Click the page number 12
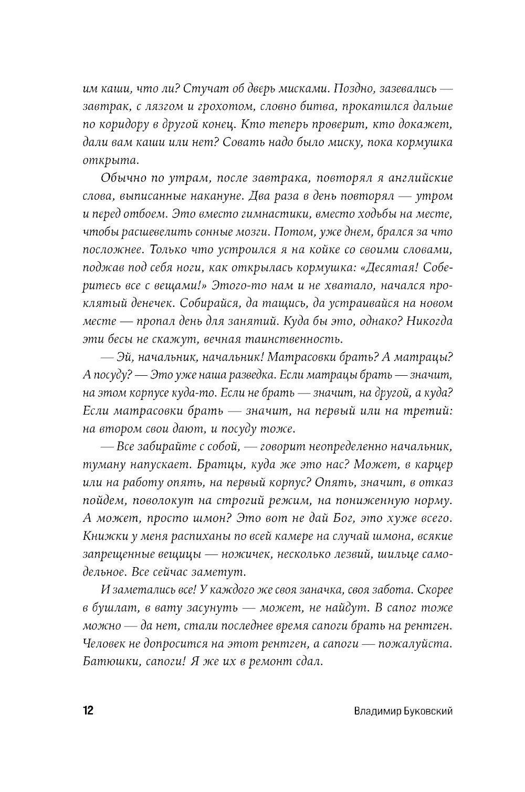tap(88, 711)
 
